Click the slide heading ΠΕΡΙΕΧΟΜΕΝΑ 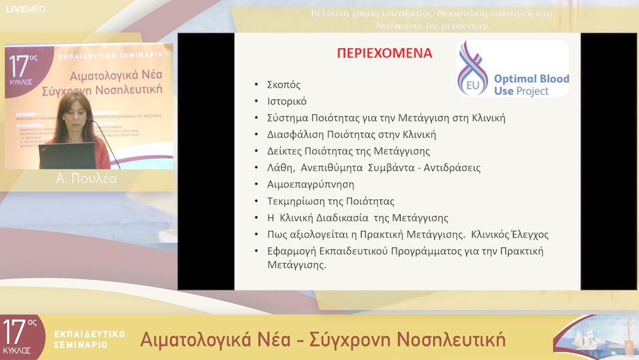click(x=385, y=53)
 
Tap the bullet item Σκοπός click(x=284, y=85)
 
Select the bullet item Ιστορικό click(x=287, y=101)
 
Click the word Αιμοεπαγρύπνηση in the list click(x=311, y=184)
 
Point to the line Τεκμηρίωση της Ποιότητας click(x=331, y=201)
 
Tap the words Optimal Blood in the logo click(x=531, y=79)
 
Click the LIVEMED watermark click(x=25, y=9)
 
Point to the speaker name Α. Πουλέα click(x=86, y=179)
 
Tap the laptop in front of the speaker click(x=66, y=155)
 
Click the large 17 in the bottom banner click(x=15, y=333)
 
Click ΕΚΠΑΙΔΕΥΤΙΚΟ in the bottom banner click(x=89, y=334)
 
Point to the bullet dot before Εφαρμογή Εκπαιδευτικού click(x=256, y=251)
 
